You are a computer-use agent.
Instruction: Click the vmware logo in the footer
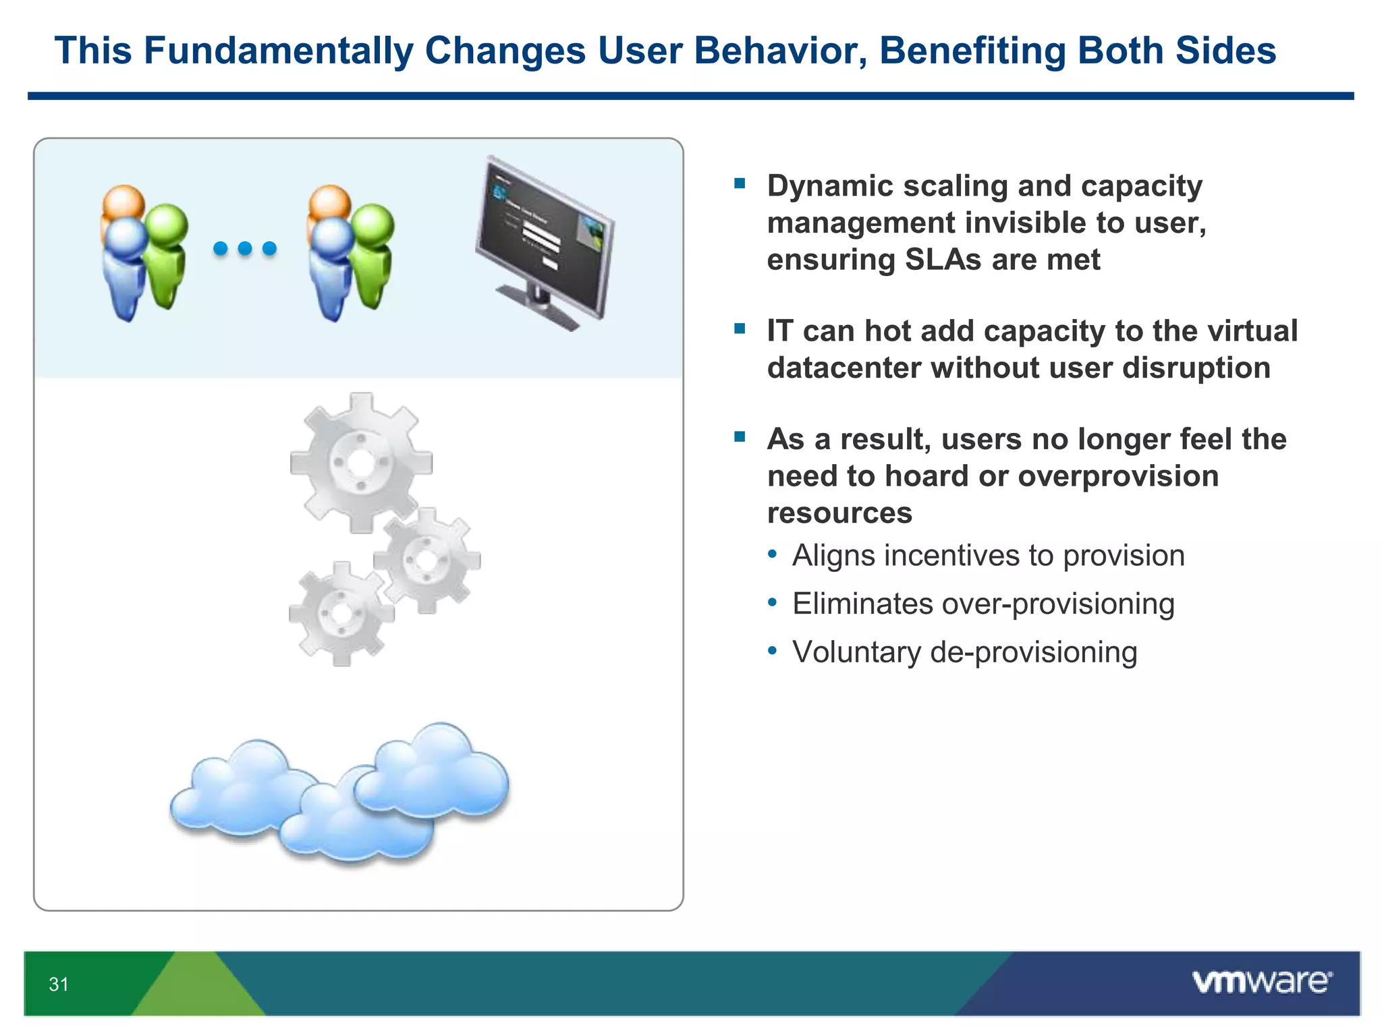(1262, 982)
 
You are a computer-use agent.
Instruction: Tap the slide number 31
(59, 984)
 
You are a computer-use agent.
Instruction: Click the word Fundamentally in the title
(279, 51)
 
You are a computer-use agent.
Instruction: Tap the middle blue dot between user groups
(245, 248)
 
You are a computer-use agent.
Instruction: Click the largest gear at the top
(361, 463)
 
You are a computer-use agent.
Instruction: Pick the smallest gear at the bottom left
(341, 614)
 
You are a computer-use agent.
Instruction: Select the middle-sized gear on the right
(426, 560)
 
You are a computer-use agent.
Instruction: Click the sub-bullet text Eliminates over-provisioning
(983, 604)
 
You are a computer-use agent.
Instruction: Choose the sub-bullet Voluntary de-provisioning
(965, 652)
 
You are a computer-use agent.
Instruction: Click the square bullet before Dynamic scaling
(740, 183)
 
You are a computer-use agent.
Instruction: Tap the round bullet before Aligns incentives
(773, 554)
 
